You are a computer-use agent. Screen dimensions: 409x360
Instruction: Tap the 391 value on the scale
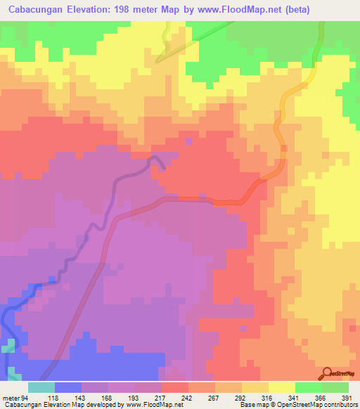[x=347, y=397]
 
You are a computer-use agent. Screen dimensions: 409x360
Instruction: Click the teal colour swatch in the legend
[x=41, y=387]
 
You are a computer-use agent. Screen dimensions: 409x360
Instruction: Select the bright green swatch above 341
[x=308, y=387]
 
